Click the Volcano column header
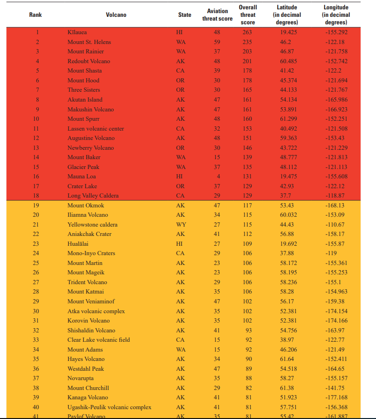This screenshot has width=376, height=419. point(116,15)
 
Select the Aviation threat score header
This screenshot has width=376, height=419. point(217,15)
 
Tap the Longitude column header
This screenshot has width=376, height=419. point(336,15)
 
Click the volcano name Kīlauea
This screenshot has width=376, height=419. point(77,32)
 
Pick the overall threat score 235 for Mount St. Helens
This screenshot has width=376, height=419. point(247,42)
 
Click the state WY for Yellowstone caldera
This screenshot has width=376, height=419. point(181,225)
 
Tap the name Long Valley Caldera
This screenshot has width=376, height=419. point(93,196)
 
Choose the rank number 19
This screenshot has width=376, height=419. point(36,206)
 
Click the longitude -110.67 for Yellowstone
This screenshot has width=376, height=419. point(335,225)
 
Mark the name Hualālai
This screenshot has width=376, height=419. point(78,244)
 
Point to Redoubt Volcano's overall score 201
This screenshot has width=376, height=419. point(247,61)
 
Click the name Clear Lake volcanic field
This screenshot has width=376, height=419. point(98,340)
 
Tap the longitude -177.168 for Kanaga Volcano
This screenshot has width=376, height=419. point(337,397)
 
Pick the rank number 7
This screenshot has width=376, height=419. point(36,90)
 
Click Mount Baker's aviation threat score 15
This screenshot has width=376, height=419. point(217,157)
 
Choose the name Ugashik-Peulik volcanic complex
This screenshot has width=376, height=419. point(109,407)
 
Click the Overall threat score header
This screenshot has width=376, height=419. point(248,15)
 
